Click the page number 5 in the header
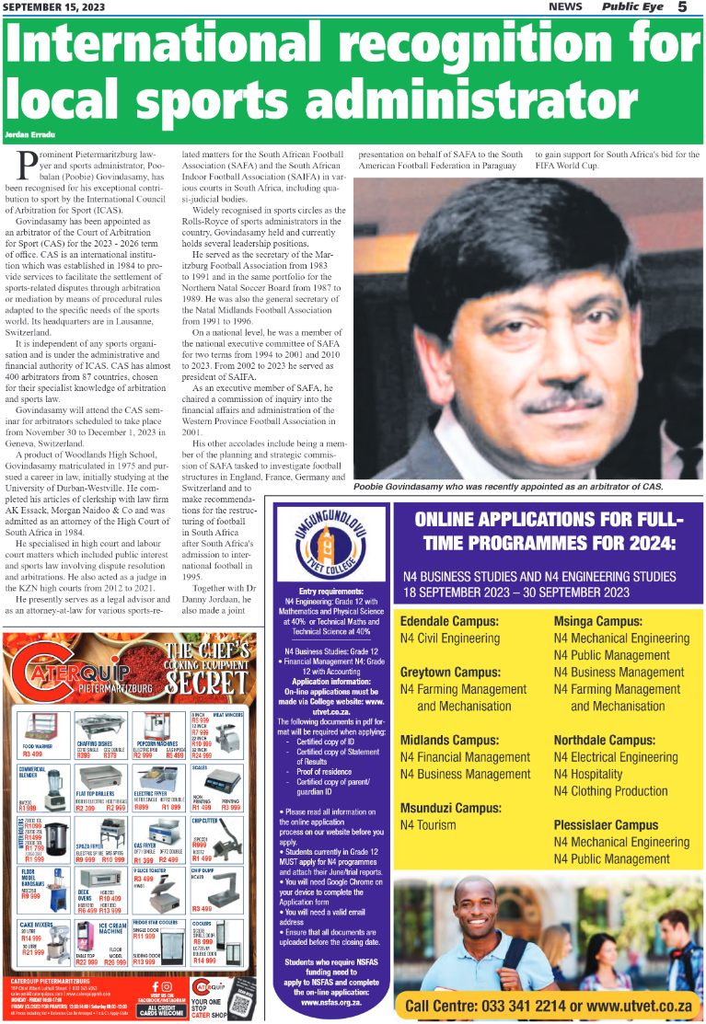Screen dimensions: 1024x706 [682, 7]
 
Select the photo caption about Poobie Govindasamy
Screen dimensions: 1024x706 [508, 486]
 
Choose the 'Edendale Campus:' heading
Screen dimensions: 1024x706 [449, 621]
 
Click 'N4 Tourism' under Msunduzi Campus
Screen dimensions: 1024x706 [428, 825]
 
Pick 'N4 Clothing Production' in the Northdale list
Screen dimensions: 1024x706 [611, 791]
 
